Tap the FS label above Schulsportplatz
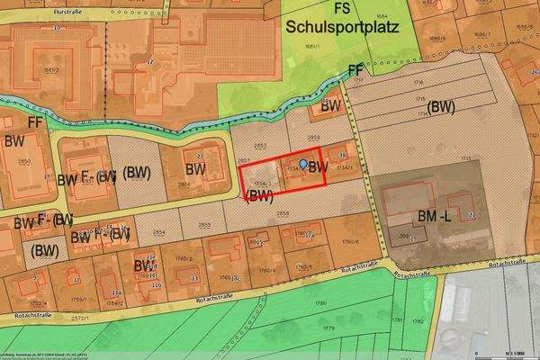click(342, 8)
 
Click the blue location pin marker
click(303, 164)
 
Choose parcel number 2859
click(314, 137)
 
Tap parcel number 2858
click(282, 214)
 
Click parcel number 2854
click(158, 231)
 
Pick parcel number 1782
click(417, 320)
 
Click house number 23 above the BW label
click(199, 155)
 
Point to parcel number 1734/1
click(343, 167)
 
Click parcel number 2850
click(23, 160)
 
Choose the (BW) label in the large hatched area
click(441, 106)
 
